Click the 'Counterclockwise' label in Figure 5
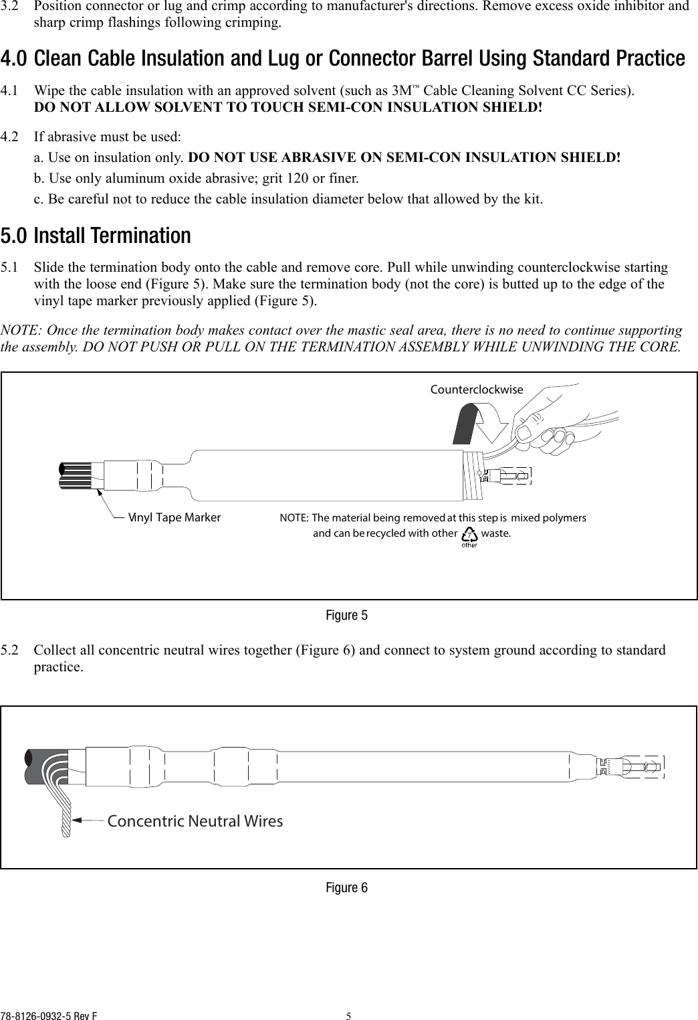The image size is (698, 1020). [477, 390]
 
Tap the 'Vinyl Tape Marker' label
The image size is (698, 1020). [174, 517]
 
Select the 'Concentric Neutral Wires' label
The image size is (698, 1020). [195, 821]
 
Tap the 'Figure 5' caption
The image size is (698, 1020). [346, 615]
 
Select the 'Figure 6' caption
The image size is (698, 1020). [346, 888]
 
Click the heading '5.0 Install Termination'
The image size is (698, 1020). [96, 236]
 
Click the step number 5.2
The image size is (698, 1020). [10, 651]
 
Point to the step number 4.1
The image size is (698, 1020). [10, 90]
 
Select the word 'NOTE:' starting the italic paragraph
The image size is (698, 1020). [20, 331]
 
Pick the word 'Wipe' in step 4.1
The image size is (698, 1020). [47, 90]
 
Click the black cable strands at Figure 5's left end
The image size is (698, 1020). [75, 475]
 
